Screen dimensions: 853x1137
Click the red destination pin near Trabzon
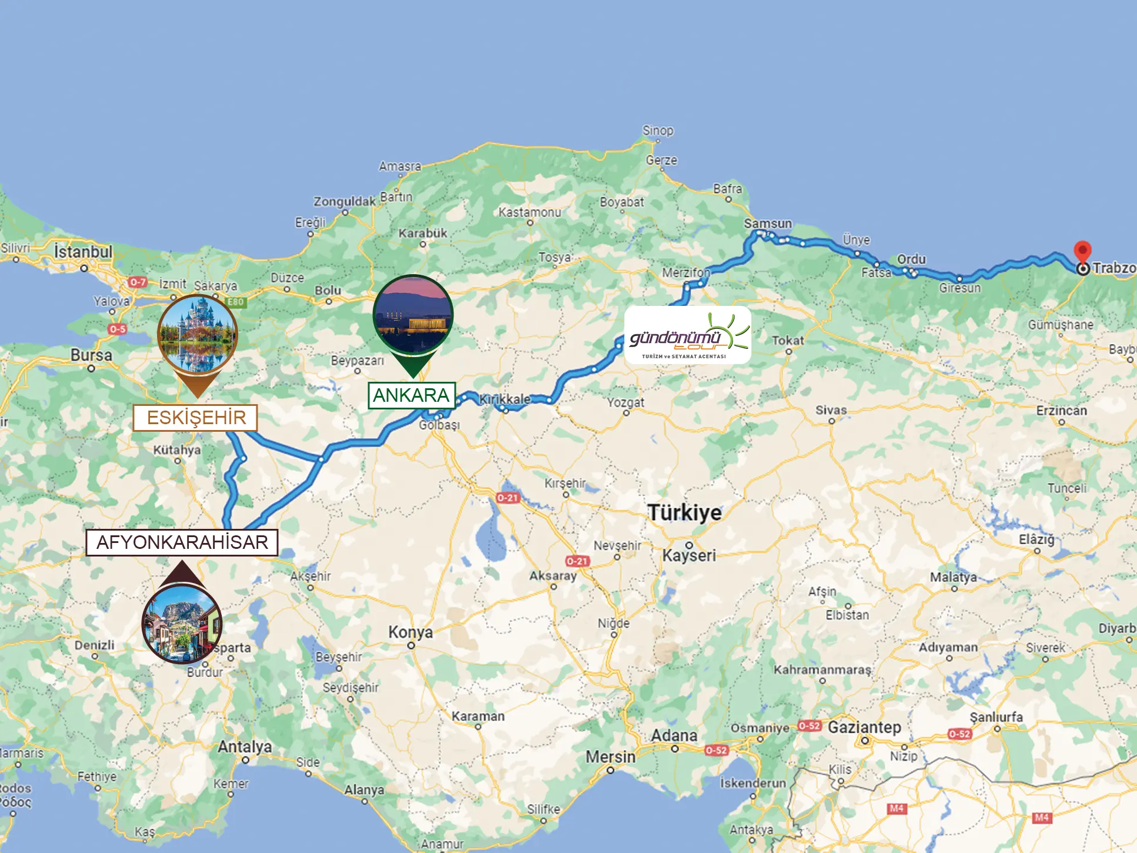point(1082,252)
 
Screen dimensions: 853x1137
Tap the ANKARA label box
point(411,395)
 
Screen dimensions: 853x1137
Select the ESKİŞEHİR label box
point(195,418)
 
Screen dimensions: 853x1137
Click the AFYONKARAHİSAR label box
point(182,542)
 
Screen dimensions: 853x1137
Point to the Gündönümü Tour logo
point(688,335)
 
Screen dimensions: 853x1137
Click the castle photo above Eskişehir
point(198,334)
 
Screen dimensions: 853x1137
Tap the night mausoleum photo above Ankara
point(413,314)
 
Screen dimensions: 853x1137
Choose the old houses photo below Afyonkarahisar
point(182,624)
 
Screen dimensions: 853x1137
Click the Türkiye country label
point(684,512)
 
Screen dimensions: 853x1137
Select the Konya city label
point(410,632)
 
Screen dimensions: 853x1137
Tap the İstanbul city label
point(83,252)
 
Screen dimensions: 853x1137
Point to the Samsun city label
point(768,224)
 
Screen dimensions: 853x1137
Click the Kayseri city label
point(689,555)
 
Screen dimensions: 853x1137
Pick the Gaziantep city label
point(864,728)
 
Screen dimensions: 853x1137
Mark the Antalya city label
point(245,747)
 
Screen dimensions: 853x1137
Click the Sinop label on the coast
point(658,131)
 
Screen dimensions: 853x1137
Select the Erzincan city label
point(1061,411)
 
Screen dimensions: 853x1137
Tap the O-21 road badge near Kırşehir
point(508,498)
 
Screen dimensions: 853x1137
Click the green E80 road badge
point(236,302)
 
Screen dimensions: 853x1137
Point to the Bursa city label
point(91,355)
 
